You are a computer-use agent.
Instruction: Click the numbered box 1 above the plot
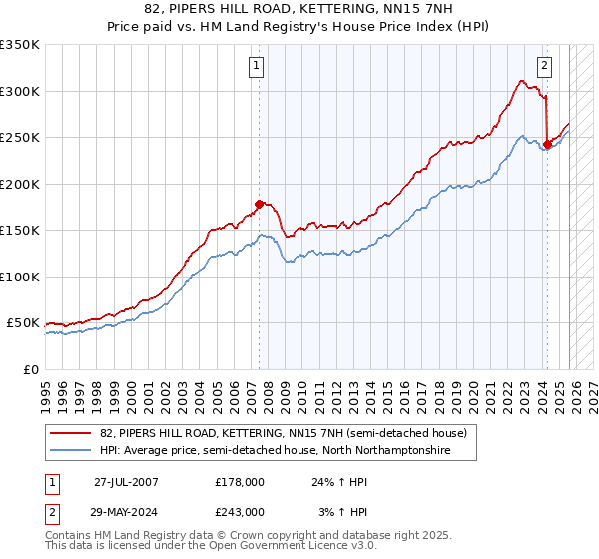tap(258, 67)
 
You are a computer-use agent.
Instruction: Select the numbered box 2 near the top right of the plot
tap(545, 67)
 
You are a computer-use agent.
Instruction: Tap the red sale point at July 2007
tap(259, 204)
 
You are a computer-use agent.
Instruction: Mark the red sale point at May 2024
tap(547, 144)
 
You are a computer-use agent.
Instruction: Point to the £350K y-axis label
tap(20, 45)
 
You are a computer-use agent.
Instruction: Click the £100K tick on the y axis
tap(20, 277)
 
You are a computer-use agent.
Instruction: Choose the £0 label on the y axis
tap(30, 369)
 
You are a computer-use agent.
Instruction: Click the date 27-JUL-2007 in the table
tap(126, 481)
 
